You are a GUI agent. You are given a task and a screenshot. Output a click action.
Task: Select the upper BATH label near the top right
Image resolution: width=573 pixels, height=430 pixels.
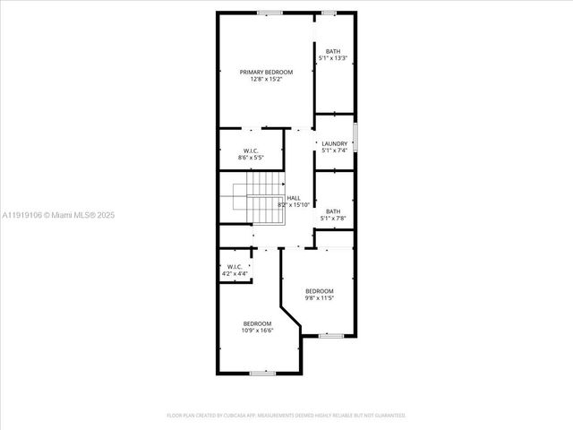[x=333, y=51]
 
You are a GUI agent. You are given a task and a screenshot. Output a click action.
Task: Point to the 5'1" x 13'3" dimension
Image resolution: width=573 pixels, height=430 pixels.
[x=333, y=58]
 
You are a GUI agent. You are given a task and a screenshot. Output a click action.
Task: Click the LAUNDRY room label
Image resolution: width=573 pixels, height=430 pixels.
[x=335, y=143]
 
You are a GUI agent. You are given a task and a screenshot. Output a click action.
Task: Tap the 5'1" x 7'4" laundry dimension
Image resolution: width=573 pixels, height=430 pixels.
[x=335, y=150]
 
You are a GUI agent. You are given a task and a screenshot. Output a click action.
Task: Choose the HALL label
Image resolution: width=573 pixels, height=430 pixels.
[x=294, y=198]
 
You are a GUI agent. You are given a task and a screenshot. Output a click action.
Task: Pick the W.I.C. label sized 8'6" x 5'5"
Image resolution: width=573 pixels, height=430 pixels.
[x=252, y=150]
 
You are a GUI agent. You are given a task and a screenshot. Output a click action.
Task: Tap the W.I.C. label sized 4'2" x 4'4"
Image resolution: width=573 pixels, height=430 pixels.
[x=235, y=266]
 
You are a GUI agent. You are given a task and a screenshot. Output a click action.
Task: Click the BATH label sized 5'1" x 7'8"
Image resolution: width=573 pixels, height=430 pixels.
[x=333, y=211]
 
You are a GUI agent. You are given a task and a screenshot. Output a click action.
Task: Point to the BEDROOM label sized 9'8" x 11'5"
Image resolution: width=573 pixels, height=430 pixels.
[x=320, y=291]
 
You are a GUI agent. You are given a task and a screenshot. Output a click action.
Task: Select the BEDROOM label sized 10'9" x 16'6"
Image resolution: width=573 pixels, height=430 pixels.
[x=257, y=323]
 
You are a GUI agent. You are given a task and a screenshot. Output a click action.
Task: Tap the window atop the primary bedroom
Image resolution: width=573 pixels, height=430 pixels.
[x=270, y=12]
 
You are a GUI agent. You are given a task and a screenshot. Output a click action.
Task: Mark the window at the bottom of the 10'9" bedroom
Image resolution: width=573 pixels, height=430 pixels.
[x=262, y=373]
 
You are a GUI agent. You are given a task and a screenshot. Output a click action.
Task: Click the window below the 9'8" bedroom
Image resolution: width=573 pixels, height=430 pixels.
[x=331, y=335]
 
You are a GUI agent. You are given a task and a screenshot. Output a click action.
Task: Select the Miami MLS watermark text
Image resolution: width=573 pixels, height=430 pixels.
[x=58, y=215]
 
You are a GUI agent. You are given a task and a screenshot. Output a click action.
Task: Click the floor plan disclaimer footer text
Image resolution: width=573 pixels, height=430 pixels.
[x=286, y=416]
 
